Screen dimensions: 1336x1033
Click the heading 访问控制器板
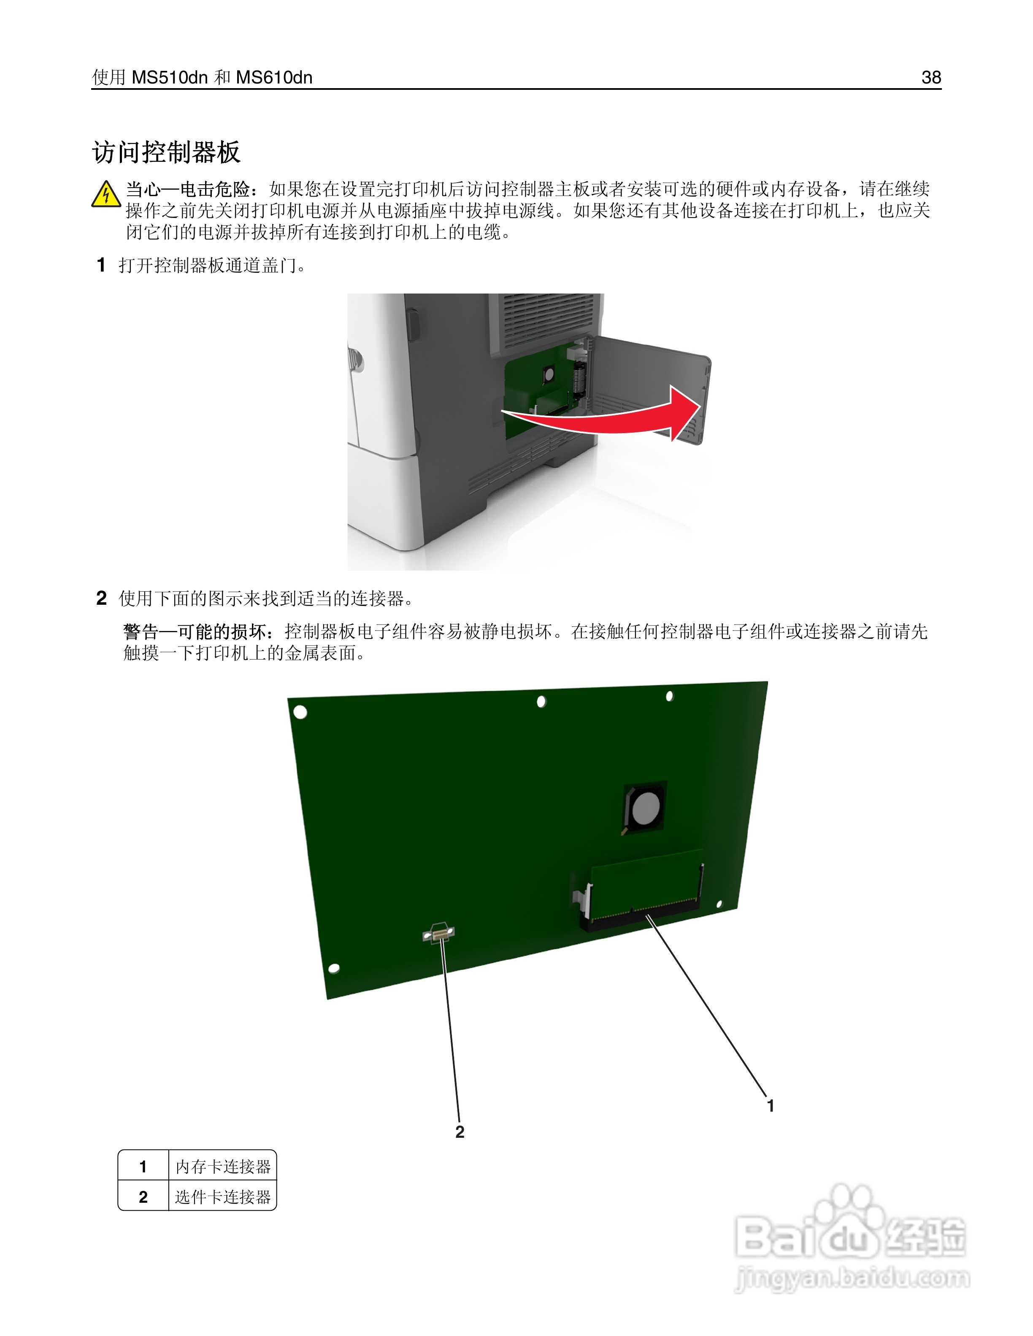[166, 152]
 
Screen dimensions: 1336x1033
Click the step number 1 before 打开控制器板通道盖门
[101, 265]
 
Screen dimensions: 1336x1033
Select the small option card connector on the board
[439, 934]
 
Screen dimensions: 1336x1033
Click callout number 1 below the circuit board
[771, 1105]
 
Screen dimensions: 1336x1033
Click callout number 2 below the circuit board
[460, 1132]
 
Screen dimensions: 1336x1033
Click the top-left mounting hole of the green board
[300, 712]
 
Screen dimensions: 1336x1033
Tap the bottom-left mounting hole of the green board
[334, 968]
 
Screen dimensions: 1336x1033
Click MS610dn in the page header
[274, 78]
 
